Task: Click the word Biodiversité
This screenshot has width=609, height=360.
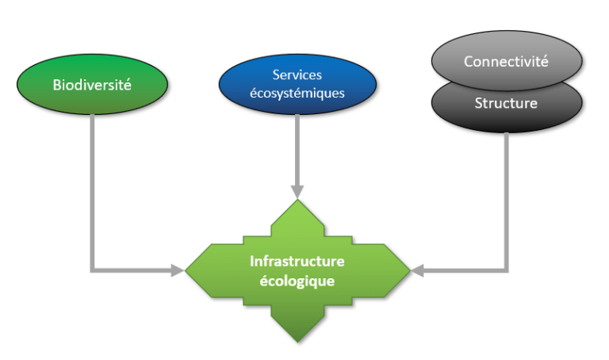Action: (x=92, y=84)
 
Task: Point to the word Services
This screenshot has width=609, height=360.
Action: (x=297, y=75)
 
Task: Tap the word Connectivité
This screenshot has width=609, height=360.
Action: (x=506, y=61)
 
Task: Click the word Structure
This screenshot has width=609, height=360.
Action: (x=506, y=104)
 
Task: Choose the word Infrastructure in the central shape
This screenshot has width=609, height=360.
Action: (x=297, y=261)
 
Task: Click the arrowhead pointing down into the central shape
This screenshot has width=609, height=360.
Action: (x=297, y=192)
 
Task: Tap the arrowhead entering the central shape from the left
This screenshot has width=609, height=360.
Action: (x=178, y=271)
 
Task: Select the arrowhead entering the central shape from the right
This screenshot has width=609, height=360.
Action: (x=418, y=271)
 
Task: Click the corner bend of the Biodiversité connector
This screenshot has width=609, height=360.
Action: (x=93, y=271)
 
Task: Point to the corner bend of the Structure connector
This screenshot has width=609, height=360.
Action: (x=507, y=271)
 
